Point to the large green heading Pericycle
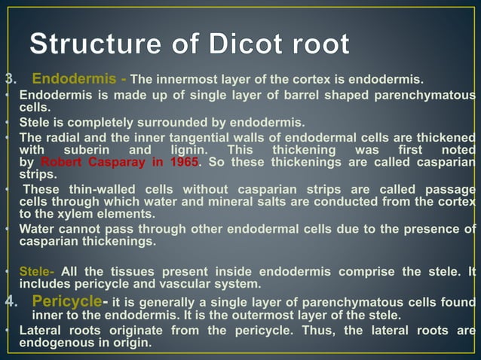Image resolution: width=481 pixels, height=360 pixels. [x=67, y=301]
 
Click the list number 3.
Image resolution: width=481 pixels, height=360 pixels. [x=10, y=79]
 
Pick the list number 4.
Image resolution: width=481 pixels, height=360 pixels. [x=10, y=302]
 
